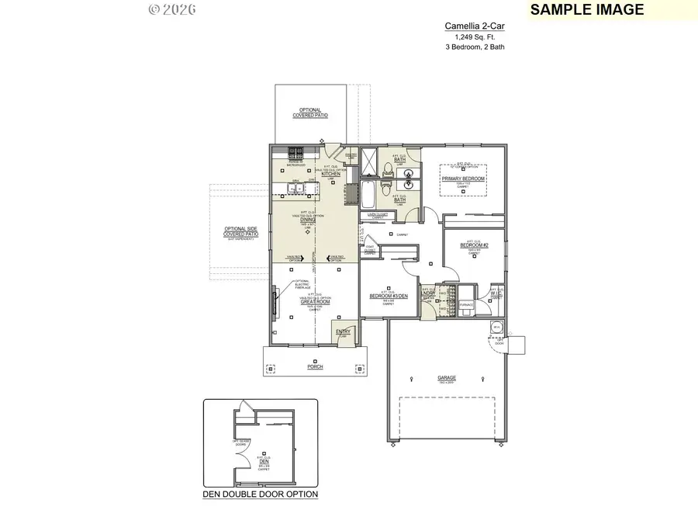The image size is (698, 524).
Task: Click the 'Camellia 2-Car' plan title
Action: pyautogui.click(x=468, y=26)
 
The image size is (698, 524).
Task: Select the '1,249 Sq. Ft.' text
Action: pyautogui.click(x=468, y=36)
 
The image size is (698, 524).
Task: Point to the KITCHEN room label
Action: pyautogui.click(x=331, y=174)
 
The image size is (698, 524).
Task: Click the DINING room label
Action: pyautogui.click(x=308, y=220)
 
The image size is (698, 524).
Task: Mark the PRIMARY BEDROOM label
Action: pyautogui.click(x=463, y=179)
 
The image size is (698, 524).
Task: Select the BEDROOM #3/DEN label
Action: pyautogui.click(x=388, y=297)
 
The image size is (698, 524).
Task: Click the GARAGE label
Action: pyautogui.click(x=447, y=378)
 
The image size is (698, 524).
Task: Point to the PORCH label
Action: pyautogui.click(x=315, y=366)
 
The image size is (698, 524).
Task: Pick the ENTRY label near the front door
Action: pyautogui.click(x=342, y=332)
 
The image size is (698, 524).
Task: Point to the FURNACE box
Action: pyautogui.click(x=466, y=304)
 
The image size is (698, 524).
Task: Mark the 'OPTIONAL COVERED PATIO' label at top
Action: pyautogui.click(x=310, y=113)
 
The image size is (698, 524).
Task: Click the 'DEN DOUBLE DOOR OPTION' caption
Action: pyautogui.click(x=261, y=494)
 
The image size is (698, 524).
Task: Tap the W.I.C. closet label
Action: pyautogui.click(x=496, y=294)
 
